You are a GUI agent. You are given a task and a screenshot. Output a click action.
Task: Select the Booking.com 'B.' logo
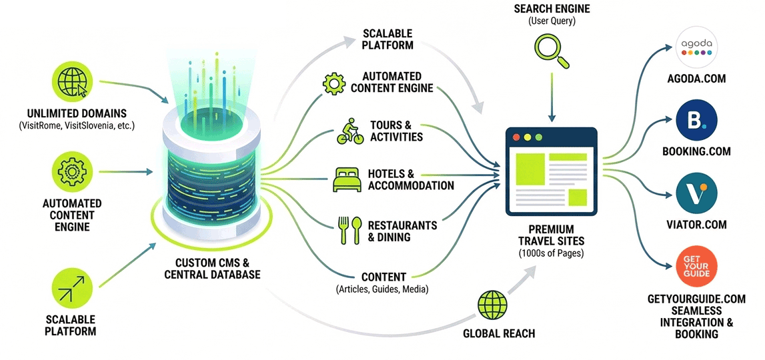point(696,121)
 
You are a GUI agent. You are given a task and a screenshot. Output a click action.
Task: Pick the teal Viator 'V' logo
point(696,194)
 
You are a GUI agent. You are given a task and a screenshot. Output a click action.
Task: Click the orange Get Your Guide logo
point(696,266)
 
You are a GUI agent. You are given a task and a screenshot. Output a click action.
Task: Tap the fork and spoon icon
point(349,230)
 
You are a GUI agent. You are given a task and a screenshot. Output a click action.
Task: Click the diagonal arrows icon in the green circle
point(72,291)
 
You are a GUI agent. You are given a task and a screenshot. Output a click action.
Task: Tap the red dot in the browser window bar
point(515,137)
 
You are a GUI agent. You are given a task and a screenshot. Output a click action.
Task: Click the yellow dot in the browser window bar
point(527,137)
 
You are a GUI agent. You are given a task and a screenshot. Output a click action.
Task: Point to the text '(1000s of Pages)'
point(551,253)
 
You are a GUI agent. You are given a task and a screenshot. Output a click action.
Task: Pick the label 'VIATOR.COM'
point(696,225)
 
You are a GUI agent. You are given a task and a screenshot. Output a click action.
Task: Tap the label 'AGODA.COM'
point(696,79)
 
